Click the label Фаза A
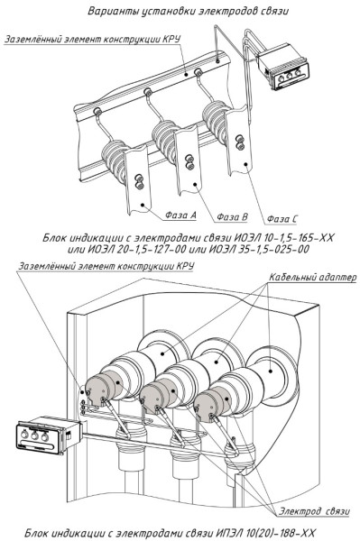pyautogui.click(x=180, y=215)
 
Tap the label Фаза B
pyautogui.click(x=232, y=217)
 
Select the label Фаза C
pyautogui.click(x=282, y=219)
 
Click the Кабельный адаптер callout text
pyautogui.click(x=312, y=277)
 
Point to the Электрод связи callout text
pyautogui.click(x=314, y=511)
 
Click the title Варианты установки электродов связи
pyautogui.click(x=188, y=11)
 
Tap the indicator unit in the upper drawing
pyautogui.click(x=283, y=66)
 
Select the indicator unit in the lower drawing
pyautogui.click(x=49, y=435)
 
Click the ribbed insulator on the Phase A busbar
pyautogui.click(x=115, y=160)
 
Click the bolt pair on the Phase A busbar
pyautogui.click(x=139, y=182)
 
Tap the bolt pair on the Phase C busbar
pyautogui.click(x=240, y=142)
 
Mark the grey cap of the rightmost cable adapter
pyautogui.click(x=210, y=404)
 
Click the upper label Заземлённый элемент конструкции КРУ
pyautogui.click(x=92, y=39)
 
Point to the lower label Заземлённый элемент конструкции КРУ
pyautogui.click(x=106, y=266)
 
